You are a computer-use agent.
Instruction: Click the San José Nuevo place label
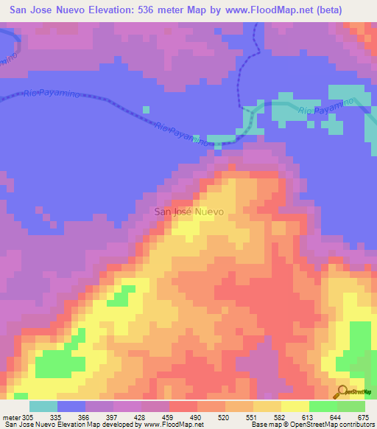coord(188,212)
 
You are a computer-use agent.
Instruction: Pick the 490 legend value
coord(197,418)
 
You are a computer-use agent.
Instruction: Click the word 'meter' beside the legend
coord(11,418)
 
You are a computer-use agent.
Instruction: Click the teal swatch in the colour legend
coord(43,406)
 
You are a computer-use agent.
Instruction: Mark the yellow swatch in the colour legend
coord(295,406)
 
